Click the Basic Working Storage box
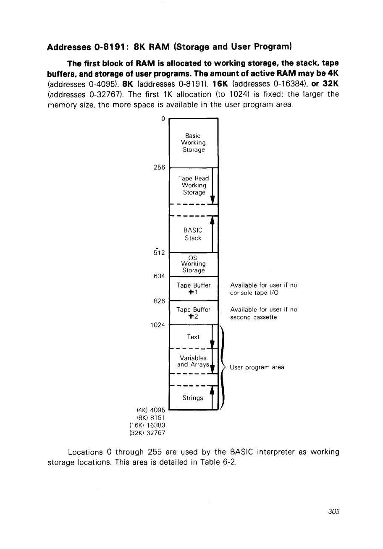pos(193,143)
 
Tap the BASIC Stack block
pos(193,234)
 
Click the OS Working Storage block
pos(193,264)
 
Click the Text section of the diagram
pos(193,337)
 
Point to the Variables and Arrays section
pos(193,361)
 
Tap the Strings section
pos(193,397)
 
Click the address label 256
pos(159,167)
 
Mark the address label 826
pos(159,301)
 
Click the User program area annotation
pos(257,367)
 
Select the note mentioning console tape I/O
pos(263,289)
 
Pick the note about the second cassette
pos(263,313)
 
